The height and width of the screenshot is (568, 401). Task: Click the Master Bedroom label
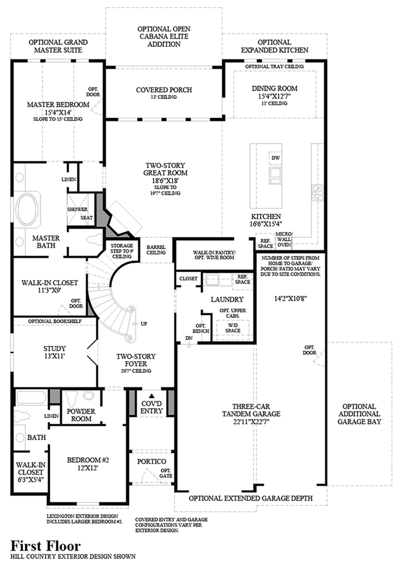pos(58,105)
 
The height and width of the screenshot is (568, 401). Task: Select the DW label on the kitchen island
pos(275,157)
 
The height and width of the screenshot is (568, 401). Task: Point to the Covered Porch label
pos(164,90)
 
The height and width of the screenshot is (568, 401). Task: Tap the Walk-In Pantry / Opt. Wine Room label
pos(214,255)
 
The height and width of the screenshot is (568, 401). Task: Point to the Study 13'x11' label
pos(54,352)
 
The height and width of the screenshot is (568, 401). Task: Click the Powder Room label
pos(82,415)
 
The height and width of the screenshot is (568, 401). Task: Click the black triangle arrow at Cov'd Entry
pos(152,394)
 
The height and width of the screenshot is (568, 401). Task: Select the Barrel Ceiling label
pos(156,249)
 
